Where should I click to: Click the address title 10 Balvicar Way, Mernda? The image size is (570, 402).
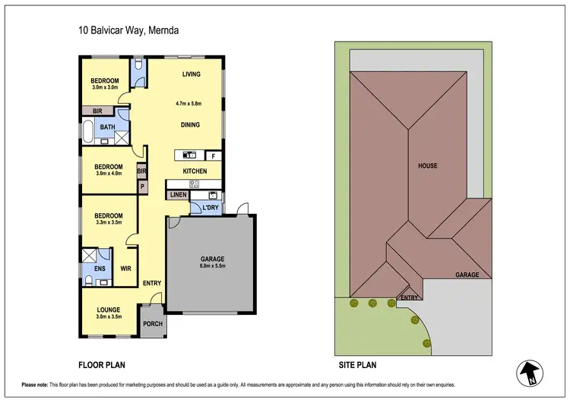(128, 30)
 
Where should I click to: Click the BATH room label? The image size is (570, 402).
(108, 127)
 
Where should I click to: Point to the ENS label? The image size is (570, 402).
(100, 269)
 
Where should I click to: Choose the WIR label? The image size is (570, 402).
(126, 269)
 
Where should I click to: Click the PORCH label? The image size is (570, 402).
(153, 324)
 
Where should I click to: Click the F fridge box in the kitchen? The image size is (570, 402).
(214, 155)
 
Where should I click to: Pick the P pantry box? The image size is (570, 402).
(141, 186)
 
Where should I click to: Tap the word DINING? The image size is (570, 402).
(191, 124)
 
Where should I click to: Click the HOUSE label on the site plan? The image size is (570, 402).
(427, 165)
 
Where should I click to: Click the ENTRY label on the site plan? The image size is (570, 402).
(409, 297)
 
